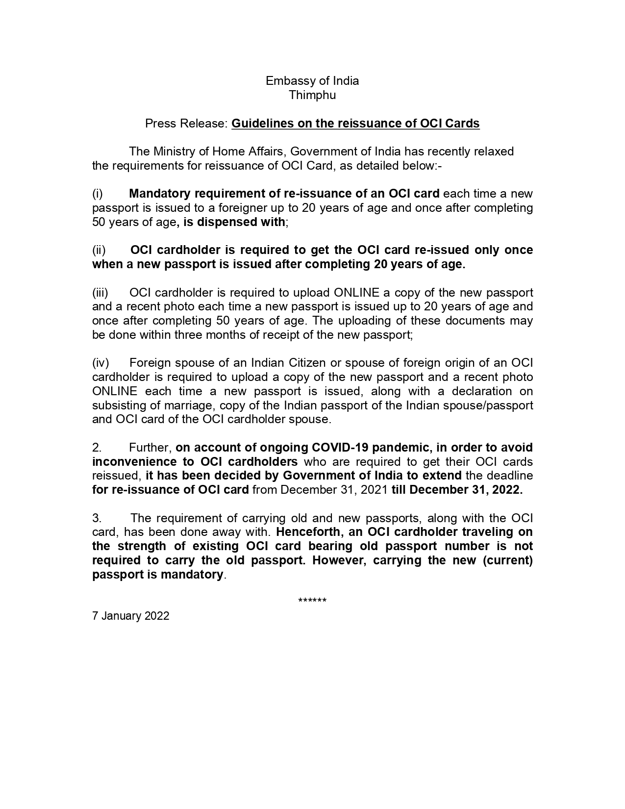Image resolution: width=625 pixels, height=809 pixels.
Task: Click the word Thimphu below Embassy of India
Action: click(312, 95)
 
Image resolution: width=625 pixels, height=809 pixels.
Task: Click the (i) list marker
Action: click(98, 194)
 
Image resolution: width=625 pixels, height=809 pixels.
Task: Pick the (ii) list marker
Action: click(99, 250)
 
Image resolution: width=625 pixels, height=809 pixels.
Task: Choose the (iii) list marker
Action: click(100, 293)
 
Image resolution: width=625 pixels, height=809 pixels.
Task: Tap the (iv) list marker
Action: click(100, 363)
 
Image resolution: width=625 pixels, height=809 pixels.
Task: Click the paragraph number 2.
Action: click(97, 448)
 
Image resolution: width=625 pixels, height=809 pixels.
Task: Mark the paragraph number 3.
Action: click(97, 518)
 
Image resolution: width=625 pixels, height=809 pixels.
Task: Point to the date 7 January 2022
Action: click(130, 616)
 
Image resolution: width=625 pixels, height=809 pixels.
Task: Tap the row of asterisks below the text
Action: click(312, 601)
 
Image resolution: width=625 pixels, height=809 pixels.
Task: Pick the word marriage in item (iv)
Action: click(193, 405)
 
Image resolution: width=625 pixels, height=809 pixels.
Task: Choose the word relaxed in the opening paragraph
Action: click(493, 152)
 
